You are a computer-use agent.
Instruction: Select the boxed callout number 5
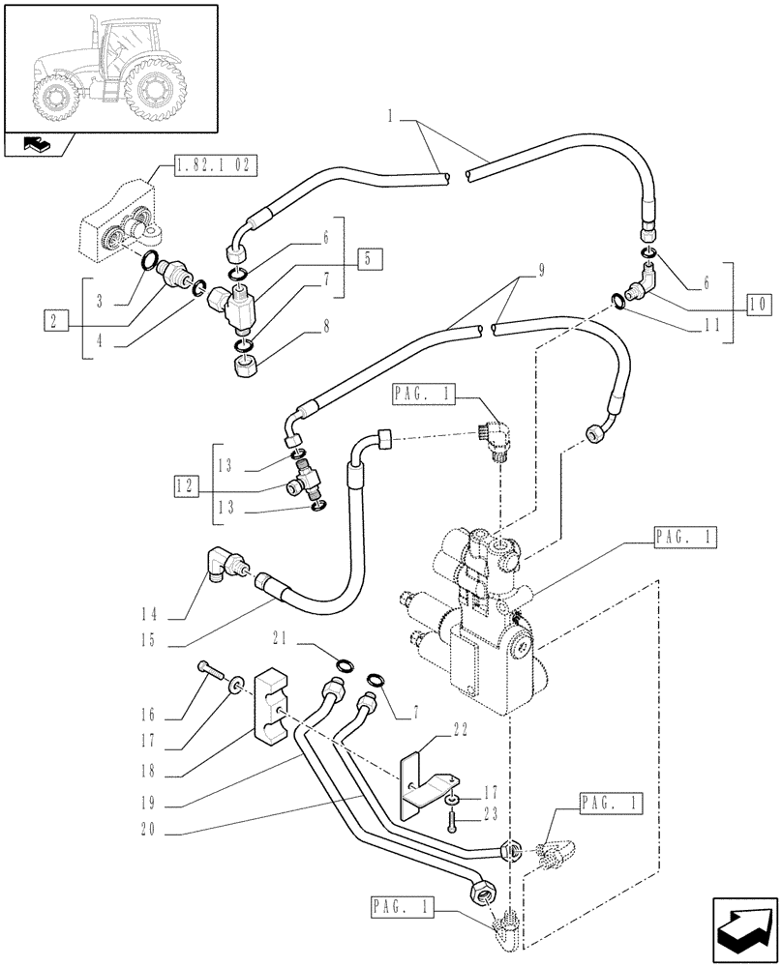pyautogui.click(x=368, y=258)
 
